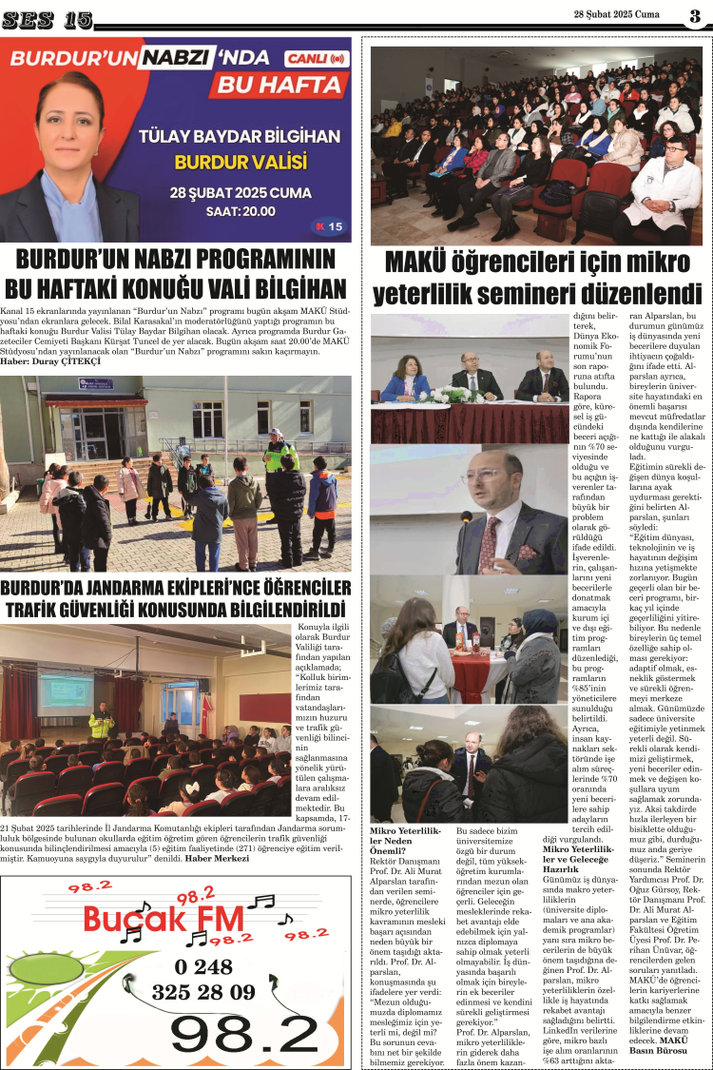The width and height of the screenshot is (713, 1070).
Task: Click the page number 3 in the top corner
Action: click(x=695, y=15)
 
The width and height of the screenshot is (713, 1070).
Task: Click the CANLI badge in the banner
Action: click(x=316, y=58)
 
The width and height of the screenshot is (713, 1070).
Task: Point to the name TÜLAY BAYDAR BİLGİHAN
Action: click(x=239, y=136)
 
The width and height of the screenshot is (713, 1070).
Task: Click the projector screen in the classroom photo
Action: click(x=67, y=695)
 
